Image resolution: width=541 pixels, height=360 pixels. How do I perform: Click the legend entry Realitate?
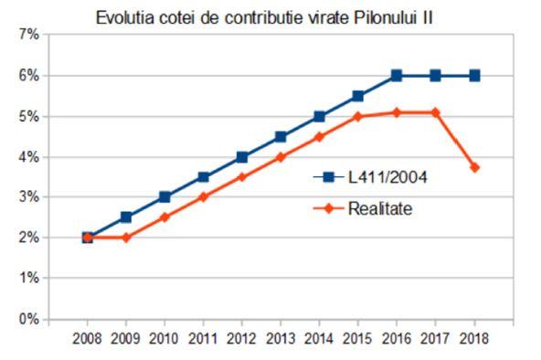[380, 209]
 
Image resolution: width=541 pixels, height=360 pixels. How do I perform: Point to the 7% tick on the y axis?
[27, 36]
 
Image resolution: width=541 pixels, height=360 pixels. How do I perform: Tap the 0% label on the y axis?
[27, 320]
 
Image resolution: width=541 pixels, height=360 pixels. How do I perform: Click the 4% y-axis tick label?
[27, 157]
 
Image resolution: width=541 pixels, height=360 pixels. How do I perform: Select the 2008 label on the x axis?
[88, 338]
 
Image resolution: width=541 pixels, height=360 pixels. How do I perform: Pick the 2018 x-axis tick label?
[473, 338]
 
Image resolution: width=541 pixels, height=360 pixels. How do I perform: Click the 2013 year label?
[281, 338]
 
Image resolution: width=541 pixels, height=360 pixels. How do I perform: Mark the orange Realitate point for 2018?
[473, 167]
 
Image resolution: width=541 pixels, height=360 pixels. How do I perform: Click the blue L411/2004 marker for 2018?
[473, 76]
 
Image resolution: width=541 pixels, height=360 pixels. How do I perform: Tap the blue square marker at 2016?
[397, 76]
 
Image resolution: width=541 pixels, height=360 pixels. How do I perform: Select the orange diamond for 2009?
[126, 238]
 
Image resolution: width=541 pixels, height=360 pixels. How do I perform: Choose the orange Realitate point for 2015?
[358, 116]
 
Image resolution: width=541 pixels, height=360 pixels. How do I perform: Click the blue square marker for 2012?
[242, 157]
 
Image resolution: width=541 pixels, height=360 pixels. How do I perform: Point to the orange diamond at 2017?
[435, 112]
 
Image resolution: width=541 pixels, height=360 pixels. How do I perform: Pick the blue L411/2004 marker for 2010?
[164, 197]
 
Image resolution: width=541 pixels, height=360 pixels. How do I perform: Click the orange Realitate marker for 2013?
[281, 157]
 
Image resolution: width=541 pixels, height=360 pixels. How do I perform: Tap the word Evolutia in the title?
[122, 17]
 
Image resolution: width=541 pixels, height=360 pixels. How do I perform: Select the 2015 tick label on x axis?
[358, 338]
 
